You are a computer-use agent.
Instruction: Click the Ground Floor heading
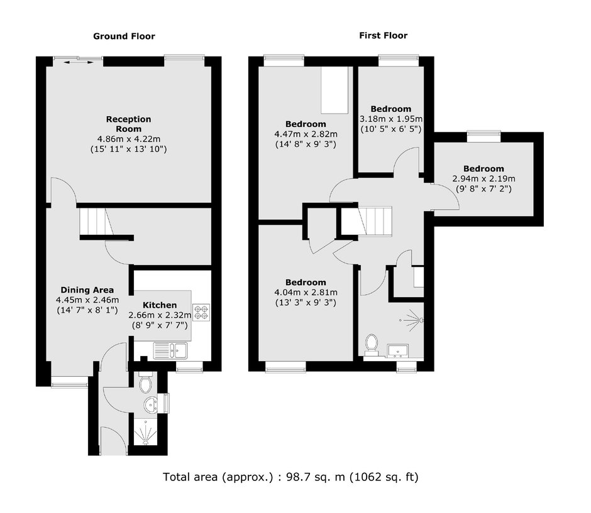point(124,36)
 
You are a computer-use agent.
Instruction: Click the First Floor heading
point(383,36)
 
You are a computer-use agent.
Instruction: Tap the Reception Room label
point(128,124)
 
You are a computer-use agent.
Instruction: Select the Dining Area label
point(87,290)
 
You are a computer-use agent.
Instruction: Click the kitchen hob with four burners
point(201,312)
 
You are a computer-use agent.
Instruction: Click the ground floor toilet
point(146,382)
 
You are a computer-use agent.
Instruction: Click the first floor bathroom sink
point(399,349)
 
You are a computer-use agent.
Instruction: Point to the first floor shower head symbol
point(410,321)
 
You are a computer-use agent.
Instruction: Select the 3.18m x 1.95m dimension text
point(390,119)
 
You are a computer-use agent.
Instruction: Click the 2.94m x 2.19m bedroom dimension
point(483,178)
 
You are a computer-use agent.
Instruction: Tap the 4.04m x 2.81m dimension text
point(306,292)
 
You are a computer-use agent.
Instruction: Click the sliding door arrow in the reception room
point(79,61)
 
